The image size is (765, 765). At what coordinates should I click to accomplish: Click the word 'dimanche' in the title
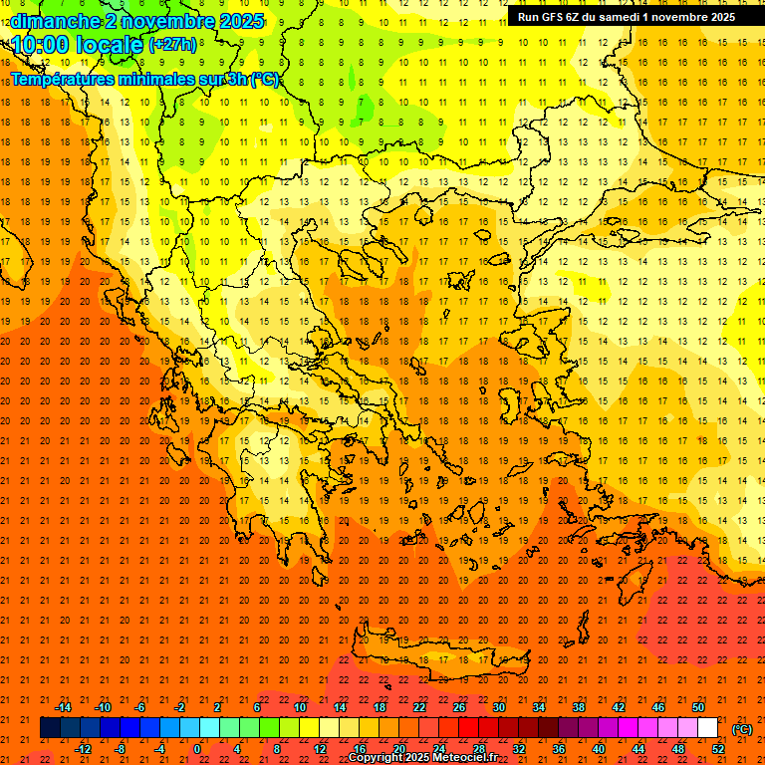pyautogui.click(x=54, y=21)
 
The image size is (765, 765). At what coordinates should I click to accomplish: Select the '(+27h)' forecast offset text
pyautogui.click(x=172, y=46)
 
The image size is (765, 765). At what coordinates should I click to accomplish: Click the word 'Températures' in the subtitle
pyautogui.click(x=71, y=80)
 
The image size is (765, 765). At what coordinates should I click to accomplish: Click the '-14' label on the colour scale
pyautogui.click(x=63, y=707)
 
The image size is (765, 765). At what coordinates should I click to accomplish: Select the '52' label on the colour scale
pyautogui.click(x=717, y=749)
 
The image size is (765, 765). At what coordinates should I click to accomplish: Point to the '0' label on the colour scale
pyautogui.click(x=196, y=749)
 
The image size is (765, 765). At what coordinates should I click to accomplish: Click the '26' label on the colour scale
pyautogui.click(x=459, y=707)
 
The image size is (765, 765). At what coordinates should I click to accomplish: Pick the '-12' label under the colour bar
pyautogui.click(x=83, y=749)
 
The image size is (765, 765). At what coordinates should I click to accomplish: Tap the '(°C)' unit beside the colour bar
pyautogui.click(x=742, y=729)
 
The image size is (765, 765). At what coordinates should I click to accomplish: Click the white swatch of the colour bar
pyautogui.click(x=707, y=728)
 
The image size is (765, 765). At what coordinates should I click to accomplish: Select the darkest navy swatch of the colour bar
pyautogui.click(x=50, y=728)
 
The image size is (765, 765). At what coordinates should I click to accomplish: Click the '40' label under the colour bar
pyautogui.click(x=598, y=749)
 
